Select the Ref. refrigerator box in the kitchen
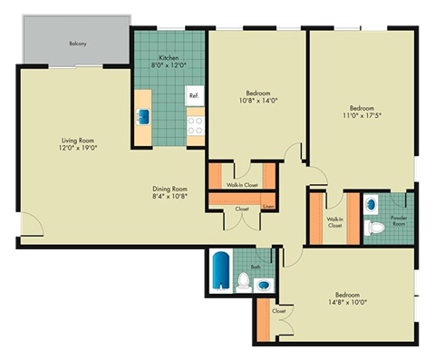tap(193, 94)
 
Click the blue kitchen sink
tap(143, 116)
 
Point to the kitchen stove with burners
tap(194, 124)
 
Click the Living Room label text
tap(79, 143)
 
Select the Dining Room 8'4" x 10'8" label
tap(171, 193)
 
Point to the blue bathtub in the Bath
tap(221, 271)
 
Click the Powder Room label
tap(399, 219)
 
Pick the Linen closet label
tap(268, 208)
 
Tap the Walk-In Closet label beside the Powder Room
tap(334, 221)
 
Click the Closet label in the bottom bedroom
tap(279, 311)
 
